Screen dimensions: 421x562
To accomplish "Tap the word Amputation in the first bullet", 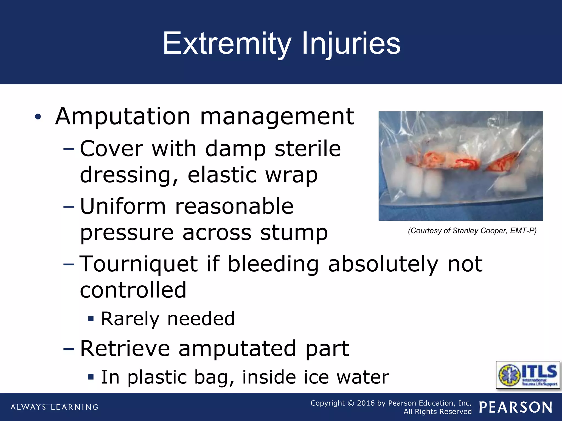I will click(x=123, y=116).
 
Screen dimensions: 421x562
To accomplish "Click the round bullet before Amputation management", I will click(x=38, y=117).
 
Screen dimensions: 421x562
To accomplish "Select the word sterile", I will click(x=308, y=149).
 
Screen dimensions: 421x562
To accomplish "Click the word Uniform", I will click(x=123, y=206).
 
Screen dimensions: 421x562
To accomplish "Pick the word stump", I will click(x=294, y=233).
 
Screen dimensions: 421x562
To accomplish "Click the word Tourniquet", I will click(x=139, y=264).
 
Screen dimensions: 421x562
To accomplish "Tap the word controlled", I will click(x=133, y=290).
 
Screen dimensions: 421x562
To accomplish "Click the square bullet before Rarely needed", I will click(x=91, y=319).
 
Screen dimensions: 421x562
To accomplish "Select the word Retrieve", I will click(x=125, y=349).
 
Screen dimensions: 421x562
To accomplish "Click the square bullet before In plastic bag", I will click(x=91, y=377).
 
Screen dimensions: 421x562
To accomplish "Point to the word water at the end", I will click(x=363, y=377).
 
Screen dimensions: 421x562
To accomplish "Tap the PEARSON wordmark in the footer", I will click(x=516, y=407).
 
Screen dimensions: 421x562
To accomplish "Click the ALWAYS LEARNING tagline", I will click(x=54, y=407).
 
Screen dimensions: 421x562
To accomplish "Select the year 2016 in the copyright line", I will click(x=366, y=403).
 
